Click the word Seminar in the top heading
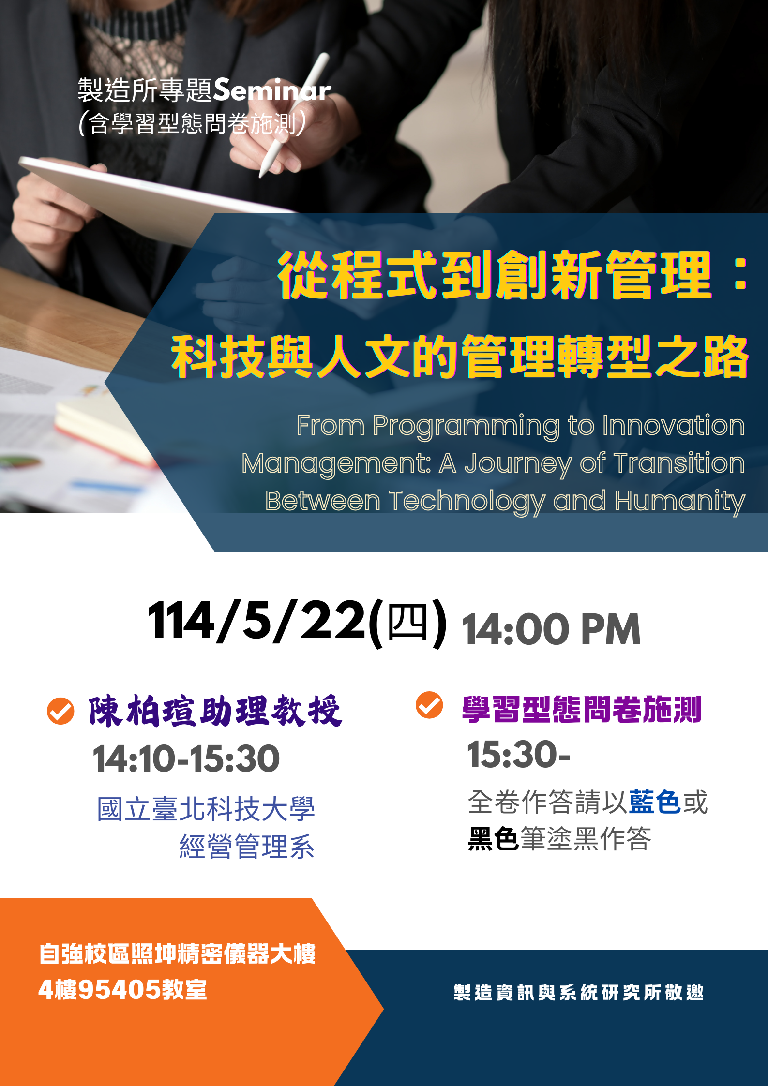(x=272, y=90)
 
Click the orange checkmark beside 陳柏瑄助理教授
(x=60, y=711)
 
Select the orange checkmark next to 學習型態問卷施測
(x=429, y=705)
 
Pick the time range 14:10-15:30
(x=186, y=759)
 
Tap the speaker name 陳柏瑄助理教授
(x=215, y=711)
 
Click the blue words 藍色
(x=655, y=802)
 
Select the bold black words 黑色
(x=493, y=838)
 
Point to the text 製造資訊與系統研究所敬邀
(x=579, y=992)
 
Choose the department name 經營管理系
(x=247, y=846)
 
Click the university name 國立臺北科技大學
(x=206, y=809)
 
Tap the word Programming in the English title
(x=466, y=426)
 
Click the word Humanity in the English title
(x=680, y=502)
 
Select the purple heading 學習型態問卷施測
(x=582, y=709)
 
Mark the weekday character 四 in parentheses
(x=407, y=622)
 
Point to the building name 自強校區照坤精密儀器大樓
(x=177, y=953)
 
